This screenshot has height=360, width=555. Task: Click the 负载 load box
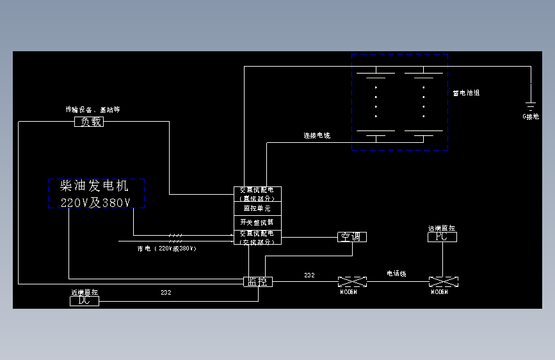89,122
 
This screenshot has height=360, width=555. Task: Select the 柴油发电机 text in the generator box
94,186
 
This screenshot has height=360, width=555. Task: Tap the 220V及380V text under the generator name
95,202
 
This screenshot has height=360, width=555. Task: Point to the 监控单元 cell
257,209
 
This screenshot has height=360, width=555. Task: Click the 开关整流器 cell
257,222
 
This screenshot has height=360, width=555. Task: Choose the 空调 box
351,237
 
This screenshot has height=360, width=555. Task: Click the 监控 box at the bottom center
258,281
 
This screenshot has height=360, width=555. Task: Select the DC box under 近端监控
84,300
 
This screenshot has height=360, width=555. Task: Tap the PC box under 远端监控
442,237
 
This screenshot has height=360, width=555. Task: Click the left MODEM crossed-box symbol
353,282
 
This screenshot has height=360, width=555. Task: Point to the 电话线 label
396,274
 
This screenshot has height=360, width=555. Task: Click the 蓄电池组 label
466,93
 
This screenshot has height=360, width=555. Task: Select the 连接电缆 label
317,136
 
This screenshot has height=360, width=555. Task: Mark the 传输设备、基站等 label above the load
93,110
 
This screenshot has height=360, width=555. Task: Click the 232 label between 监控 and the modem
309,275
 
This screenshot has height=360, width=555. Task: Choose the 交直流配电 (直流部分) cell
257,194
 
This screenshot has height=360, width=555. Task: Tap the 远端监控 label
442,228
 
